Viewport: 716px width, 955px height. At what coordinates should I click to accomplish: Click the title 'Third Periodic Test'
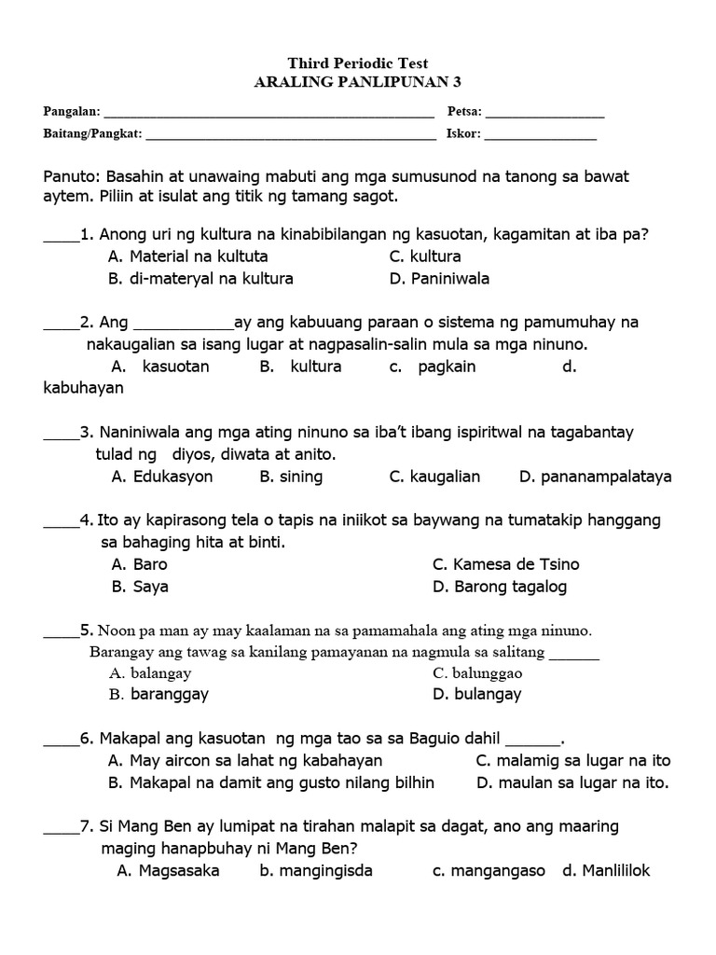coord(358,63)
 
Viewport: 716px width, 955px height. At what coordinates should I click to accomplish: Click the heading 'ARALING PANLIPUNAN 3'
coord(358,82)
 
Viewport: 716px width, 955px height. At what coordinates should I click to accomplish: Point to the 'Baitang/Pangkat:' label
coord(93,134)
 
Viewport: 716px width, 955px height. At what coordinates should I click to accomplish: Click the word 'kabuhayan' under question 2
coord(83,388)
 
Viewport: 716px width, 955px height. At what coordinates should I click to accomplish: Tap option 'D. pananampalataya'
coord(595,477)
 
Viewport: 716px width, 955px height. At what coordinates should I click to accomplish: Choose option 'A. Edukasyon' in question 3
coord(162,477)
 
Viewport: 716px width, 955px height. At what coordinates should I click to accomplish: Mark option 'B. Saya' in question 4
coord(140,587)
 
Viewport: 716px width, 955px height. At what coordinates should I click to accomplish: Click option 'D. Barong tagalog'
coord(500,587)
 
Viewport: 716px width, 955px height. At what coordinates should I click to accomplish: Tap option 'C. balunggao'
coord(477,672)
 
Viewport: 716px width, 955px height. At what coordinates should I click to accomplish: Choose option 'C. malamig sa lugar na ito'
coord(572,760)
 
